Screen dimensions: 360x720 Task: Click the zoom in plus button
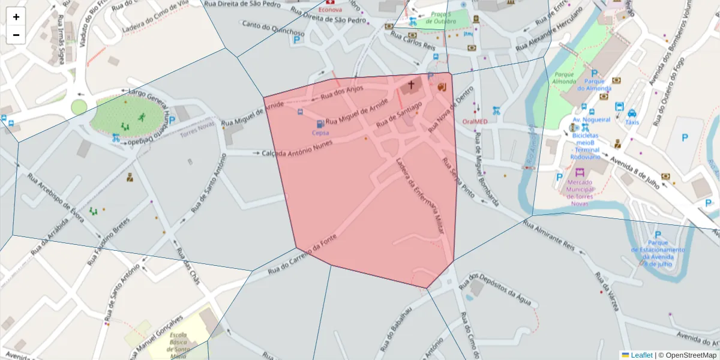click(16, 17)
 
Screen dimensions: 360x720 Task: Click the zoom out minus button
click(16, 35)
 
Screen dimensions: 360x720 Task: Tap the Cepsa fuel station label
click(320, 133)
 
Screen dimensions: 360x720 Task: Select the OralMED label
click(475, 121)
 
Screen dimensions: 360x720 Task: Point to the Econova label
click(330, 10)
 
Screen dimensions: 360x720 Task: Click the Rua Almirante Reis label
click(549, 235)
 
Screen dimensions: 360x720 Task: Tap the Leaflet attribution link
click(641, 355)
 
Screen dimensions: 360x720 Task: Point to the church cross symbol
click(411, 85)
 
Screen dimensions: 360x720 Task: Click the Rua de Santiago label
click(399, 114)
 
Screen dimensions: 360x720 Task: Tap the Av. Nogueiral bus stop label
click(592, 119)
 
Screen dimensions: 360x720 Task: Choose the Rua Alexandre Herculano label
click(549, 29)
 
